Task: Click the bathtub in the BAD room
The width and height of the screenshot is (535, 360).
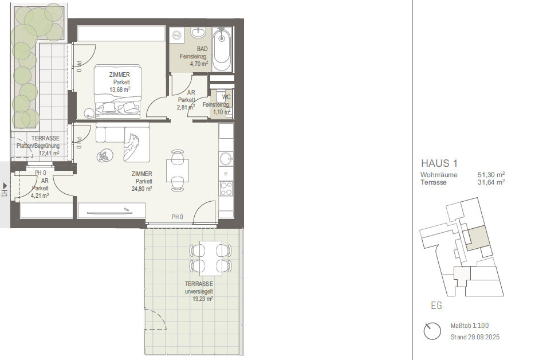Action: point(222,49)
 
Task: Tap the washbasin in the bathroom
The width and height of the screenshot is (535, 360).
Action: point(198,33)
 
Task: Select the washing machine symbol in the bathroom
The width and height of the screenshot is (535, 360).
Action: point(176,35)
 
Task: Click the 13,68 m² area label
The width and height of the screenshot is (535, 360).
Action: point(120,89)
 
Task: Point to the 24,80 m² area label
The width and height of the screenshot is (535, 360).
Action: point(142,189)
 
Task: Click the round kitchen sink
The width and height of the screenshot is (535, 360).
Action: point(226,158)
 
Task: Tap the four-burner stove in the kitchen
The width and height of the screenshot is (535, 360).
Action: point(226,188)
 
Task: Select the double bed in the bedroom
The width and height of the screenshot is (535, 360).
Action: point(118,91)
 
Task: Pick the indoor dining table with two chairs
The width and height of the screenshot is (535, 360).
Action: point(178,170)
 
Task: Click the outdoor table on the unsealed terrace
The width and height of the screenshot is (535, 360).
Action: point(211,258)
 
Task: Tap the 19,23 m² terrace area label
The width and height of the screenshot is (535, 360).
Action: point(203,299)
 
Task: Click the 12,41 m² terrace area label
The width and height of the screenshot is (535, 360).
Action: point(49,153)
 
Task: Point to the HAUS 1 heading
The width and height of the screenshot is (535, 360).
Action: point(439,163)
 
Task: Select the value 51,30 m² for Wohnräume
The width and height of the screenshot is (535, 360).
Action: point(491,174)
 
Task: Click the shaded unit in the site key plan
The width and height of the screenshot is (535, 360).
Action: point(478,238)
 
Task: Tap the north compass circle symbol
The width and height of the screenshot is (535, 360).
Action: point(432,331)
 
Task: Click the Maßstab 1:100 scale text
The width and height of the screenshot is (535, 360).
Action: point(470,326)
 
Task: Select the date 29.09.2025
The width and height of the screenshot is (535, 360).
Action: point(484,337)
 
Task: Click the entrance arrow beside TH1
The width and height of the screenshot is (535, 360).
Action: point(5,186)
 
